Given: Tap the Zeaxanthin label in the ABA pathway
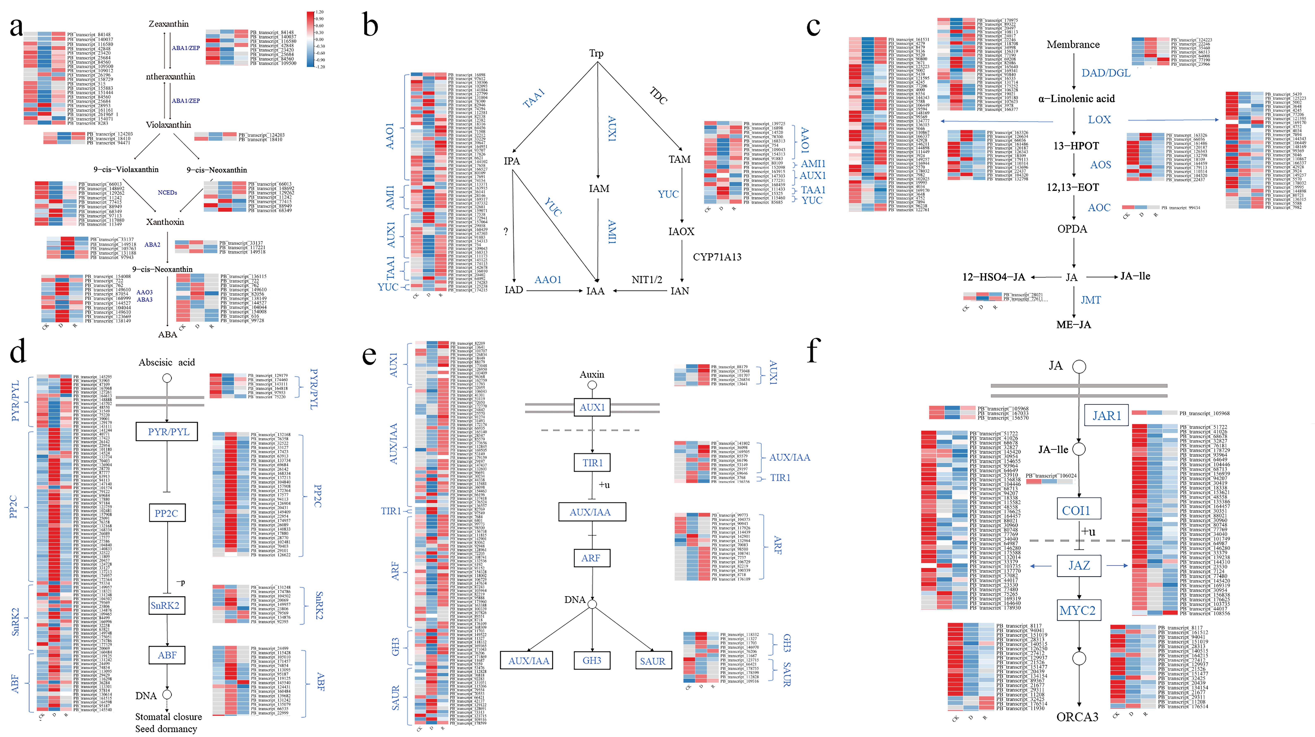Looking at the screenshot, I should coord(168,24).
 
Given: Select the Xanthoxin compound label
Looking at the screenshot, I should coord(165,222).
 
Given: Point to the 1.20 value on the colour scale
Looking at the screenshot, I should coord(320,12).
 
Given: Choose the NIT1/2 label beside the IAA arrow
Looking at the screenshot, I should coord(647,280).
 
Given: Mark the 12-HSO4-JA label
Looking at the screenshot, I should coord(993,277).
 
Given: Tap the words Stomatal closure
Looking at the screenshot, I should coord(168,717).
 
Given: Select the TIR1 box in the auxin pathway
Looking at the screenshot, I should coord(592,463).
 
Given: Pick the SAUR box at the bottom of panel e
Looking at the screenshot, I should coord(652,661).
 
